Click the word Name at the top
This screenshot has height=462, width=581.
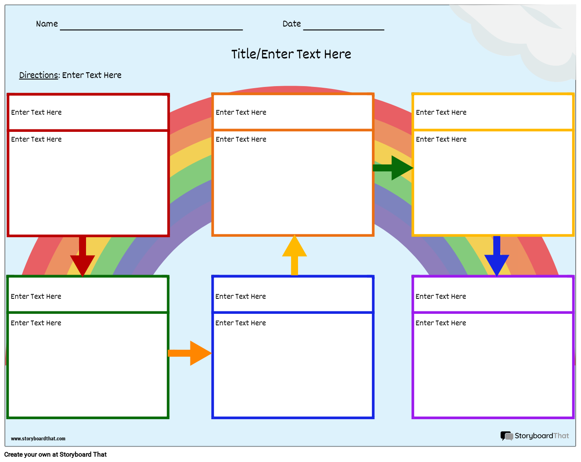pos(47,24)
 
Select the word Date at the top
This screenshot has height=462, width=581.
pos(292,24)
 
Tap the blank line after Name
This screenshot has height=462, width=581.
pos(151,29)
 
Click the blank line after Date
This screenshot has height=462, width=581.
pos(344,29)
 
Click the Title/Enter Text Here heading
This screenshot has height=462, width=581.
pos(291,54)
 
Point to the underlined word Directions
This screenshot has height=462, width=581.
pos(39,75)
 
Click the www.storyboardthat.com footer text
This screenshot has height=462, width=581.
pos(38,439)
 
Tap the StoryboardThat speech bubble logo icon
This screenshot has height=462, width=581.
pos(506,436)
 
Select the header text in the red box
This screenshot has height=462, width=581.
pos(36,113)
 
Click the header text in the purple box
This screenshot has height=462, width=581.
pos(441,297)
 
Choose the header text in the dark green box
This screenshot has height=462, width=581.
pos(36,297)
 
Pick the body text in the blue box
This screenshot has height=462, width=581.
pos(241,323)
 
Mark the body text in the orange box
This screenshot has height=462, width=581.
pos(241,140)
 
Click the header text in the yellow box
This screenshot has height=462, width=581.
pos(441,113)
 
